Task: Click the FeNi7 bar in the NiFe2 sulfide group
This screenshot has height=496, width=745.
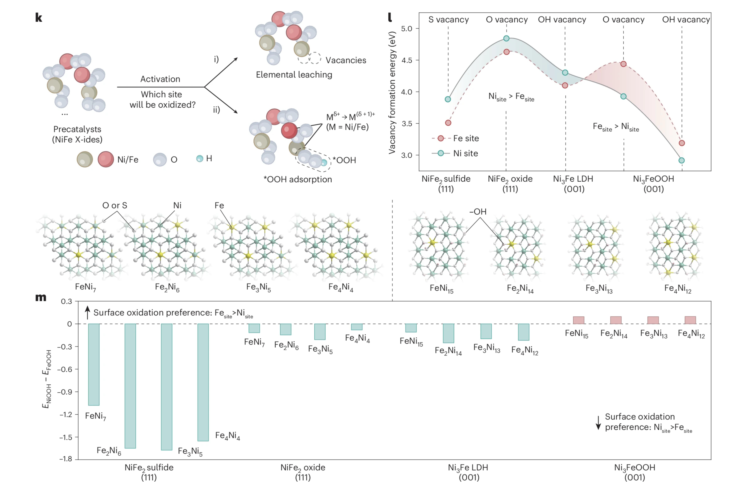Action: click(94, 364)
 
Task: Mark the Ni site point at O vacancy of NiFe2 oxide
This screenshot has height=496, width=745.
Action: click(506, 38)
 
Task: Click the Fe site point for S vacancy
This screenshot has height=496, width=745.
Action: click(448, 123)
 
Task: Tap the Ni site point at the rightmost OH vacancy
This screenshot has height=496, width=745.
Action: click(682, 160)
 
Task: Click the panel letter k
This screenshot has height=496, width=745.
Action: click(39, 18)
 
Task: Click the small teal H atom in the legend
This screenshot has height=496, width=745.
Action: click(199, 158)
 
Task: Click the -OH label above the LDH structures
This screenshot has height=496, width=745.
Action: click(478, 212)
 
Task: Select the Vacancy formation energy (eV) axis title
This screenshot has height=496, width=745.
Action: click(392, 93)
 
